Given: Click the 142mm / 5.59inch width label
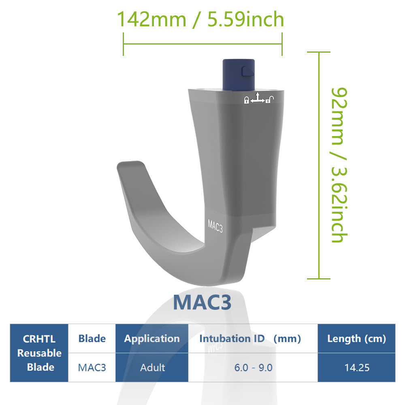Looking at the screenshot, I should (x=200, y=19).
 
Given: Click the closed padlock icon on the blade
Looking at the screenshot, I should (x=246, y=100).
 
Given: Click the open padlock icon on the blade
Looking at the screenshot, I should (x=269, y=99).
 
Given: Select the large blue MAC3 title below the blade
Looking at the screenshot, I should (x=202, y=303).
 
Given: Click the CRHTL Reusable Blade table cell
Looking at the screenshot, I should (x=39, y=353).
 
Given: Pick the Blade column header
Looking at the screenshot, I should (x=92, y=339).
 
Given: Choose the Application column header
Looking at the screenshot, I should (x=152, y=339).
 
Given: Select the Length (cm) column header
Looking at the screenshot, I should (x=356, y=339).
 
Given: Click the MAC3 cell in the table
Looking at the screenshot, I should (x=92, y=367).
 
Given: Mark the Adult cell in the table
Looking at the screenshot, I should (x=152, y=367).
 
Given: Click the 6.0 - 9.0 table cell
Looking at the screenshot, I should (x=253, y=367).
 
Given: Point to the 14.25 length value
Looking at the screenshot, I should (x=356, y=367).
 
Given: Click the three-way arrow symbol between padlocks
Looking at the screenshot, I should (x=258, y=98).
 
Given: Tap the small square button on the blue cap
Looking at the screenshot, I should (x=246, y=71).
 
